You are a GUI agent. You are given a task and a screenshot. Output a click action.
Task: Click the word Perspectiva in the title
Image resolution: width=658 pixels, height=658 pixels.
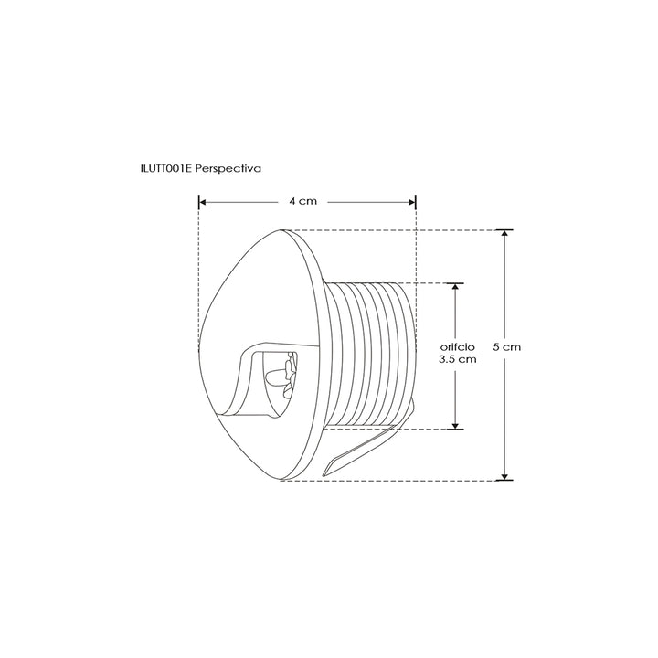click(228, 169)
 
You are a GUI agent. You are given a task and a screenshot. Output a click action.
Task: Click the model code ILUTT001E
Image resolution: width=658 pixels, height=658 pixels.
click(166, 169)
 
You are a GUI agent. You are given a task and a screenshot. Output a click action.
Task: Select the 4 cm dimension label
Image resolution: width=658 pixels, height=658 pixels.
click(302, 201)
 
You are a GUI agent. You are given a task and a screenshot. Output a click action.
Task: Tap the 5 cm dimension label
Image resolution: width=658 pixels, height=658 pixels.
click(506, 347)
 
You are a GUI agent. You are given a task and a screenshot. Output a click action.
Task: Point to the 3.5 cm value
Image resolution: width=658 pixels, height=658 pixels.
click(458, 359)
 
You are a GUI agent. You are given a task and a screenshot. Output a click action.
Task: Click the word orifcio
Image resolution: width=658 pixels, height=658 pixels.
click(458, 347)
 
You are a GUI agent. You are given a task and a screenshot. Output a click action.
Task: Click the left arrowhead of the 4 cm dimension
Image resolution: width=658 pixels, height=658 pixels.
click(202, 202)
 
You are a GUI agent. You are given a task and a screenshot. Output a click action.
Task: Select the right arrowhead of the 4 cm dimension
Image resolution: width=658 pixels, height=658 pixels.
click(411, 202)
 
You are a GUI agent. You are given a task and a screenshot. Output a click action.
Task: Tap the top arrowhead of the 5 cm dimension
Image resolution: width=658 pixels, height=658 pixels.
click(504, 234)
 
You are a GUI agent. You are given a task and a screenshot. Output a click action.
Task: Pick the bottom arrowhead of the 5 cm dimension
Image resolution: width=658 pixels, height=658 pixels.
click(504, 476)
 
